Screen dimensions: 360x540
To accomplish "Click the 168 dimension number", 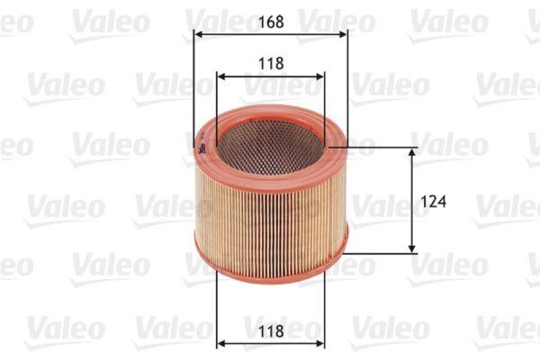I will [x=270, y=22].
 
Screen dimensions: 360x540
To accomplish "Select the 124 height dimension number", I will [x=435, y=200].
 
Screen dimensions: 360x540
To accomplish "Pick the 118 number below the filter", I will [x=270, y=331].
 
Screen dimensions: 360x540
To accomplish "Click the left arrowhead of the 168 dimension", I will [x=198, y=32].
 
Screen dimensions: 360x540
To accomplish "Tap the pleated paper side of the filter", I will [x=270, y=209].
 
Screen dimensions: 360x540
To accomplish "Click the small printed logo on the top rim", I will [x=201, y=150].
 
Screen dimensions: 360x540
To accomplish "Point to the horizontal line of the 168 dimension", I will [x=270, y=32].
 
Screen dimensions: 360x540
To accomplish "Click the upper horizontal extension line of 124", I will [x=378, y=147].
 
